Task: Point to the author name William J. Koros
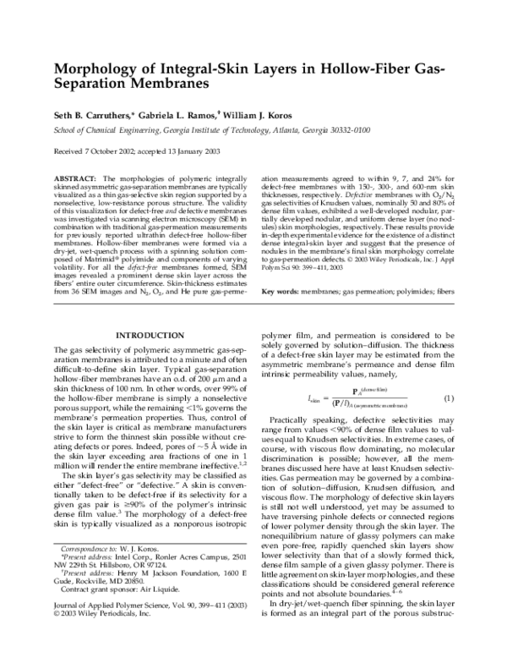[265, 114]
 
